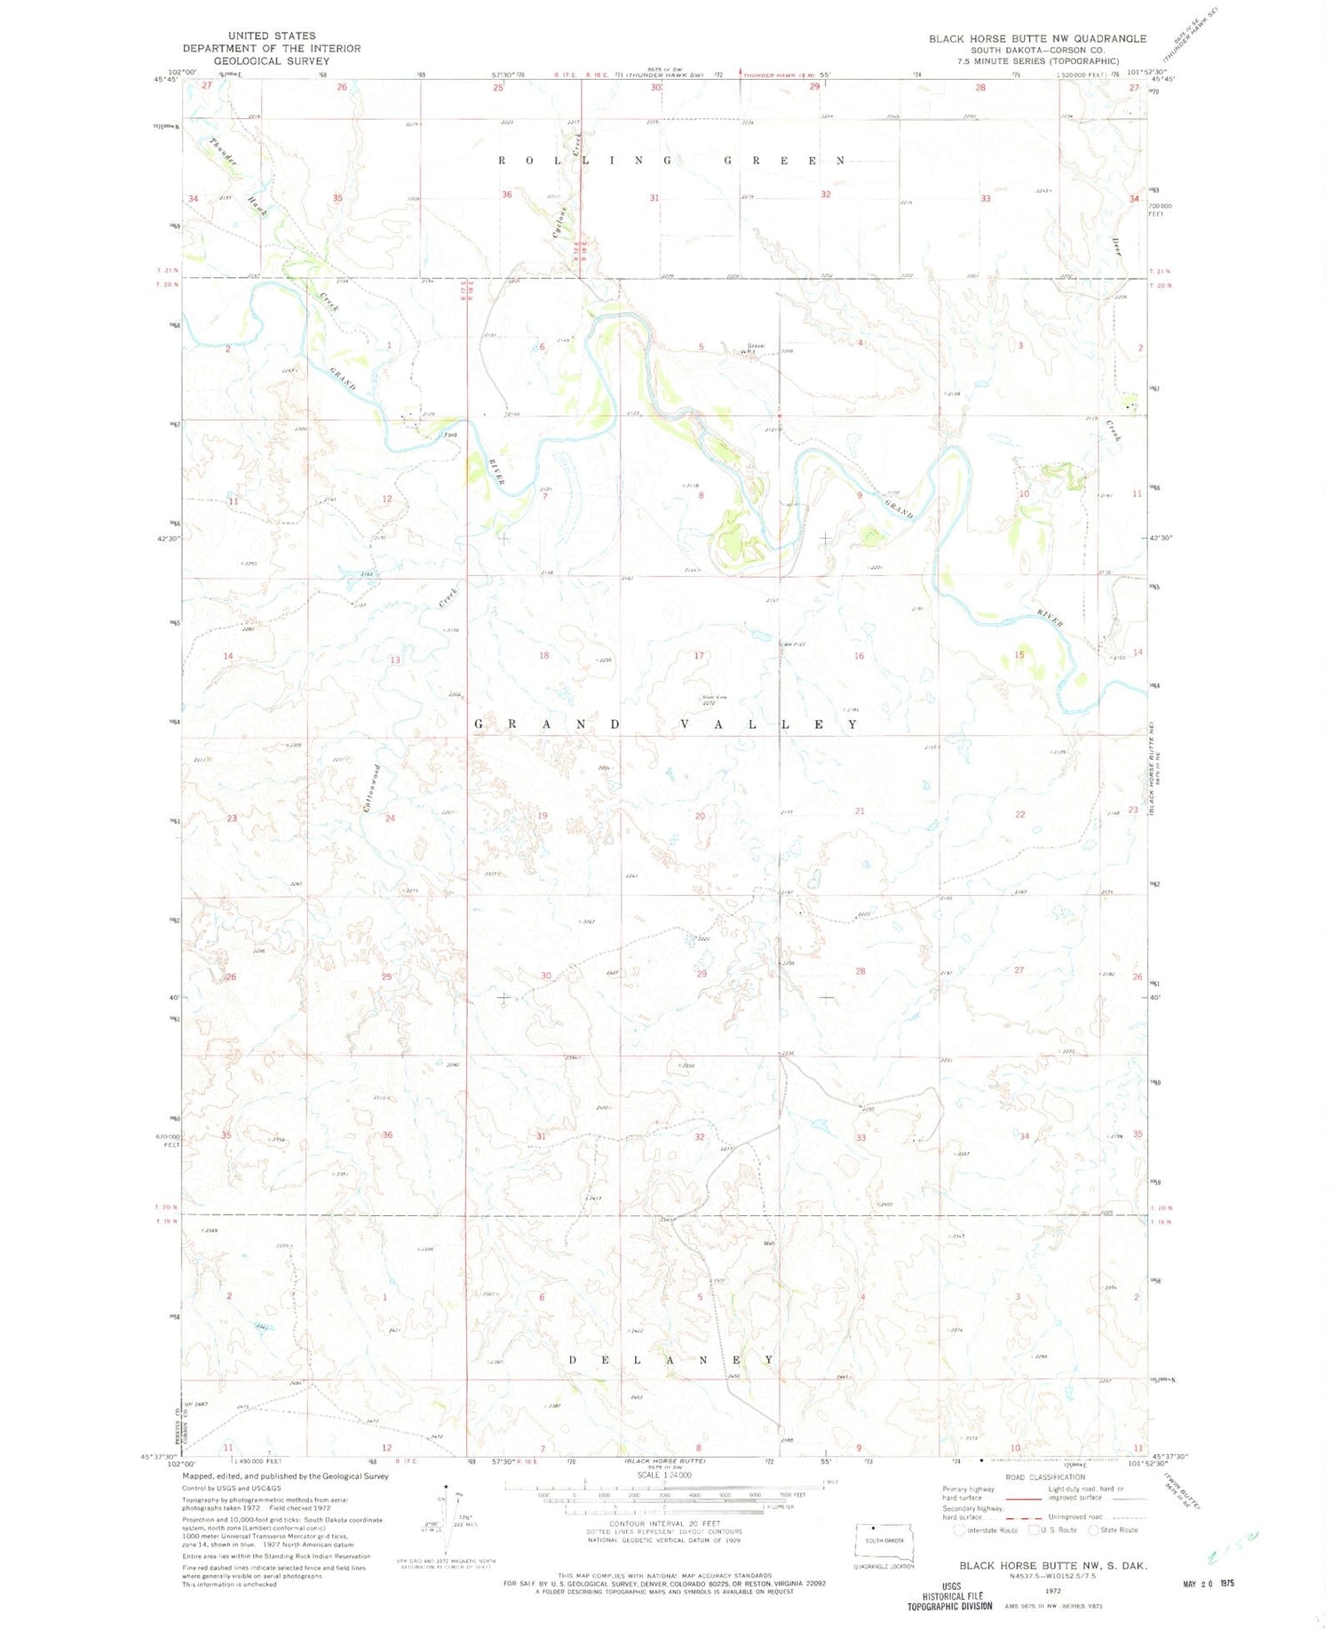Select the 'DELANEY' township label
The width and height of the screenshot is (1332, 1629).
670,1360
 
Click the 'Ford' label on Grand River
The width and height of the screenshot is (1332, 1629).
451,435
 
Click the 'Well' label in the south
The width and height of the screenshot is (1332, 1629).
769,1244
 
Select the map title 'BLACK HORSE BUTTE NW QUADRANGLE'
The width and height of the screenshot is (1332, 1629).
1037,38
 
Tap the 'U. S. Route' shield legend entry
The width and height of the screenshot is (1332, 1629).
1054,1530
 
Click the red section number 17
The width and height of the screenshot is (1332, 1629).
699,656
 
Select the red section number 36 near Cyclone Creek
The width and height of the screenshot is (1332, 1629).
507,194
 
